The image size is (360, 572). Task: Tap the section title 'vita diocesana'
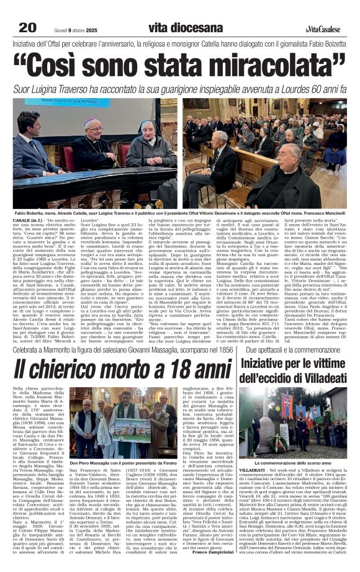pos(185,28)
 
